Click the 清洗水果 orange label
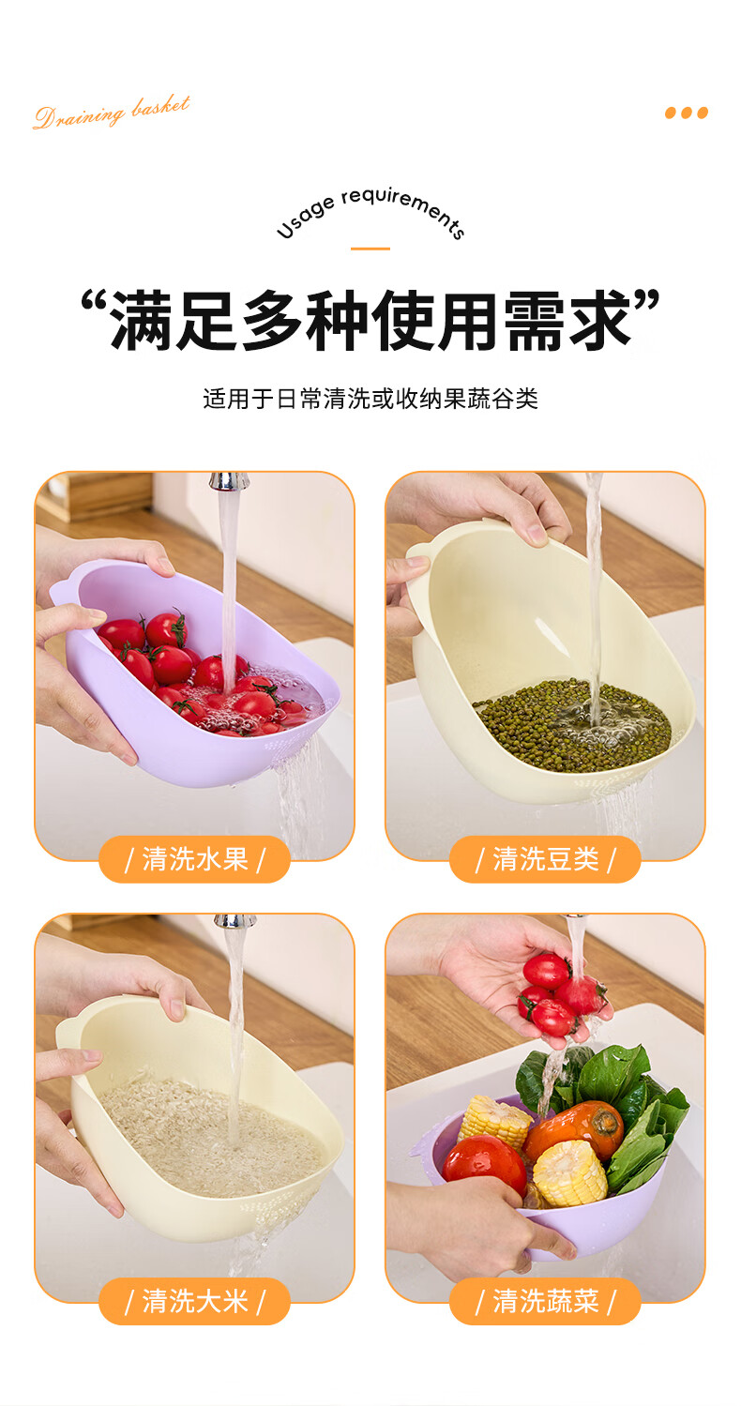pyautogui.click(x=194, y=859)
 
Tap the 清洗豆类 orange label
pyautogui.click(x=545, y=859)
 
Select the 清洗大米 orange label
pyautogui.click(x=194, y=1301)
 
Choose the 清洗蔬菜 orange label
pyautogui.click(x=545, y=1301)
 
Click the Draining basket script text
pyautogui.click(x=112, y=113)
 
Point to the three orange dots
pyautogui.click(x=687, y=113)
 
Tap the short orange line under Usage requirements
pyautogui.click(x=370, y=249)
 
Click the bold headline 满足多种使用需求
pyautogui.click(x=370, y=319)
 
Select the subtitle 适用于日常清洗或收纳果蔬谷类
pyautogui.click(x=370, y=399)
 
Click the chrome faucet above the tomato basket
pyautogui.click(x=230, y=481)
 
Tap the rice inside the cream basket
pyautogui.click(x=210, y=1136)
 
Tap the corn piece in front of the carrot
pyautogui.click(x=569, y=1175)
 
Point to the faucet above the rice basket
pyautogui.click(x=234, y=921)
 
